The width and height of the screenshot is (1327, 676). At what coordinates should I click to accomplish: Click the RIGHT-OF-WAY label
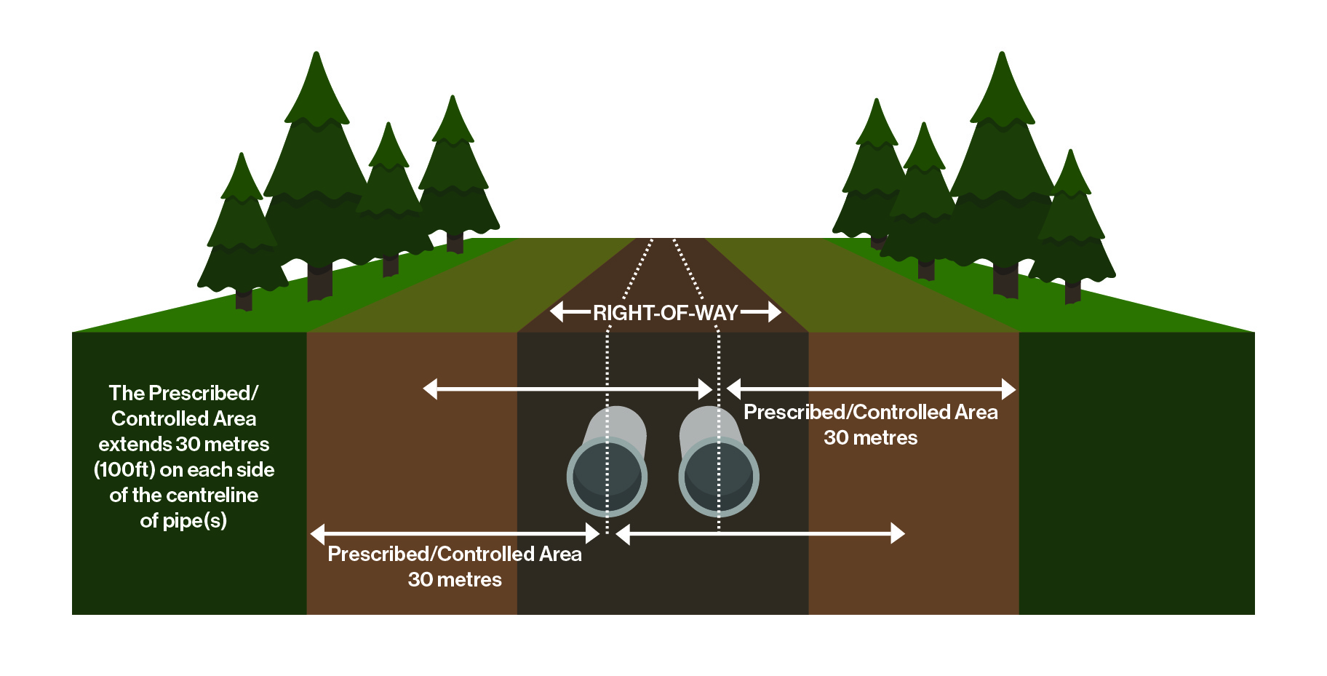[665, 313]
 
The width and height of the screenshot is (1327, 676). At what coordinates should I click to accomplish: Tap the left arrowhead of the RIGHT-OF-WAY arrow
[557, 312]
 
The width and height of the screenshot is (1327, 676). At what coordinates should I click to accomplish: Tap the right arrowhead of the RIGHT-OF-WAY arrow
[774, 312]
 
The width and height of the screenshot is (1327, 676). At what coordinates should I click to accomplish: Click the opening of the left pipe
[607, 477]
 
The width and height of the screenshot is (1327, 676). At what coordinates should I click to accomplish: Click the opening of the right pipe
[719, 477]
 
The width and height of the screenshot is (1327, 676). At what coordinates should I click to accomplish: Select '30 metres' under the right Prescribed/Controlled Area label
[870, 438]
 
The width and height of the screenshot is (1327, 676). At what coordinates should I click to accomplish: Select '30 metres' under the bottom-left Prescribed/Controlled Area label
[455, 580]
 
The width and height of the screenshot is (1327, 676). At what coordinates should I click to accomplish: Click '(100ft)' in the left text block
[124, 470]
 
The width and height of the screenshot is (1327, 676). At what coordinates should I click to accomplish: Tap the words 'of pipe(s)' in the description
[183, 521]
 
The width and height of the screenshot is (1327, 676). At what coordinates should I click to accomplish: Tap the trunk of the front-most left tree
[244, 299]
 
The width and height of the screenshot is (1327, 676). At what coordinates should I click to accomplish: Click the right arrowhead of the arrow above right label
[1008, 389]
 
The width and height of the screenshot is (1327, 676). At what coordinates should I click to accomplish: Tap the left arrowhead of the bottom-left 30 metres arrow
[317, 534]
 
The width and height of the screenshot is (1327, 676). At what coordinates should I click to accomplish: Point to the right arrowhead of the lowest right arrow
[898, 534]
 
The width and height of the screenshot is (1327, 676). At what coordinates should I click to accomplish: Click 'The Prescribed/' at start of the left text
[183, 394]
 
